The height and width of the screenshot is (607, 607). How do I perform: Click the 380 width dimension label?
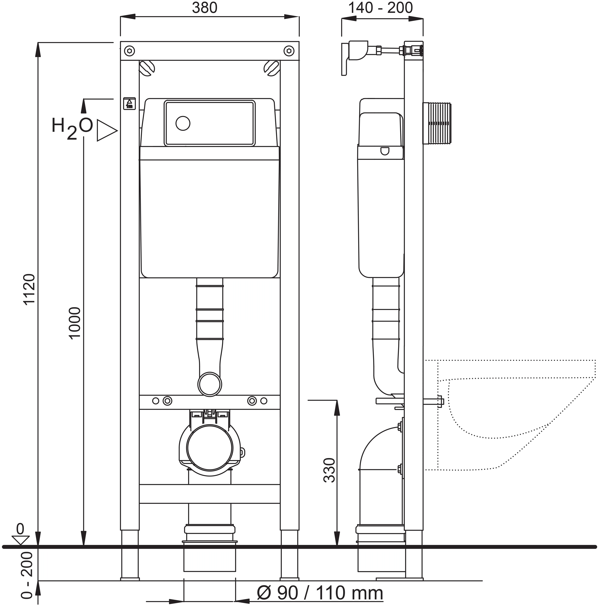pos(205,8)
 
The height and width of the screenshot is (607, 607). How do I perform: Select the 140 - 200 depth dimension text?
pos(380,8)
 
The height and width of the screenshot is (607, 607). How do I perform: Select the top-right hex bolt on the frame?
pos(289,51)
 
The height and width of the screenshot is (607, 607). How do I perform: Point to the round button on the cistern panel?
pos(183,123)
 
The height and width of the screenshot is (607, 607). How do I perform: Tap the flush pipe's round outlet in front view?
pos(210,384)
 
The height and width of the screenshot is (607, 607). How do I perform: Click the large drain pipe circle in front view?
pos(210,448)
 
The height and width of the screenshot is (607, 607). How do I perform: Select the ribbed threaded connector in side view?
pos(437,123)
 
